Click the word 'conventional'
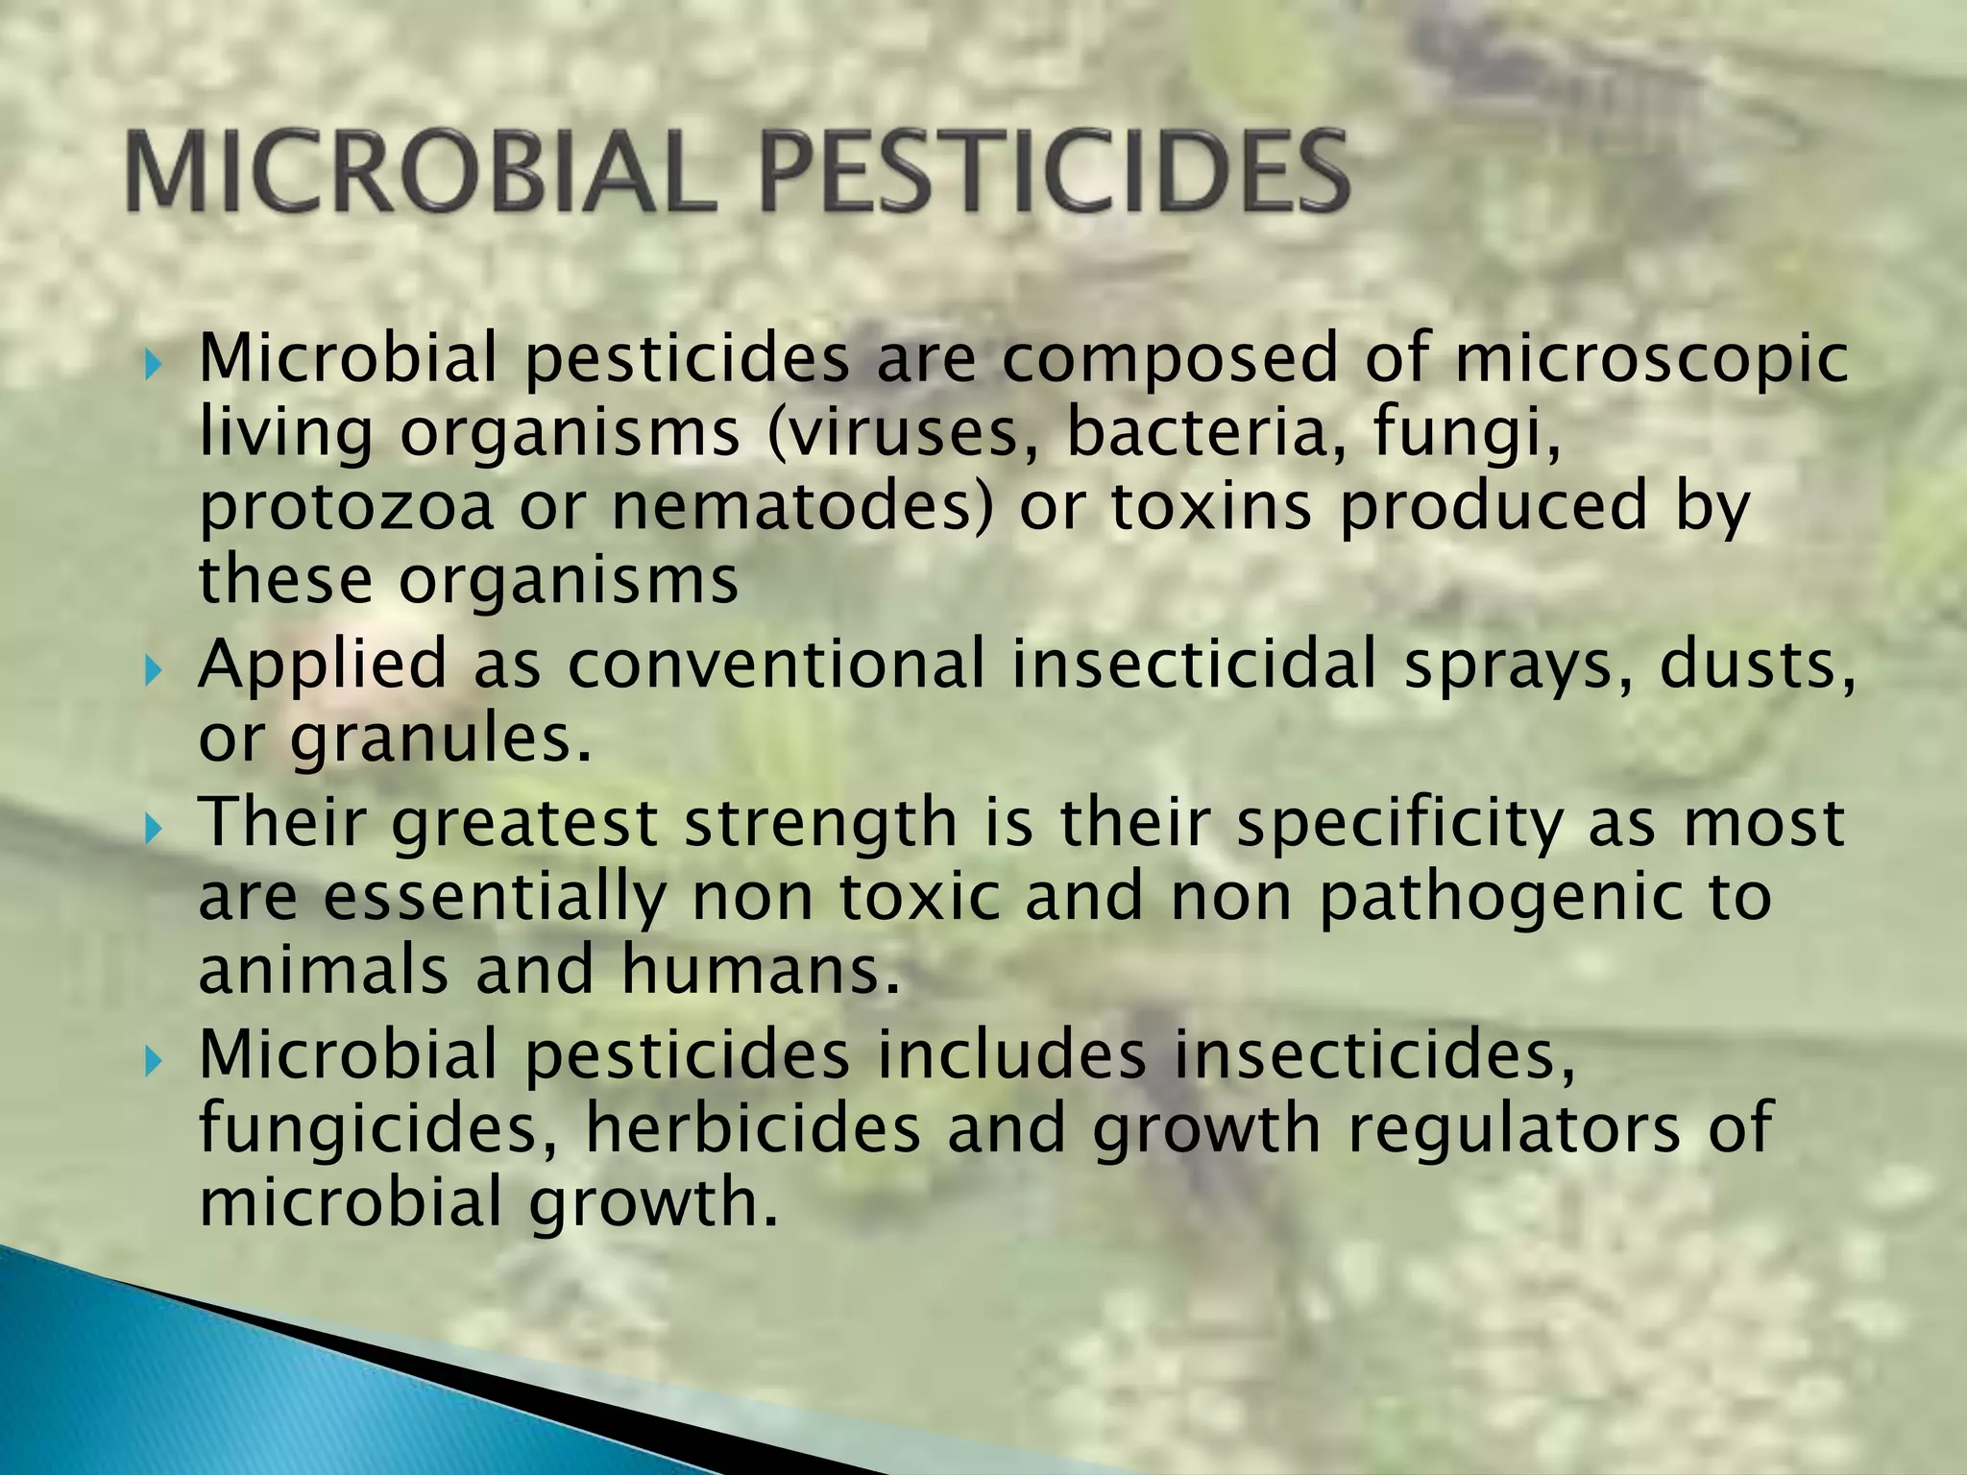coord(776,665)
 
